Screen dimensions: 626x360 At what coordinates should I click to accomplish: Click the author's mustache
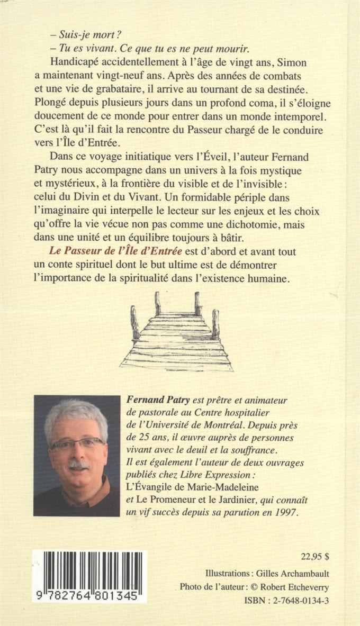(x=79, y=465)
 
